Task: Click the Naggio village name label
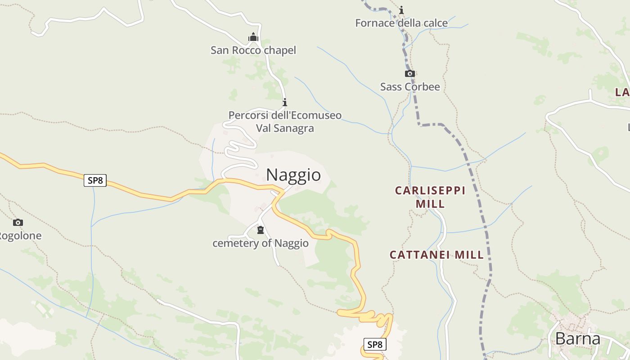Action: [x=293, y=175]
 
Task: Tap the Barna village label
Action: [x=578, y=338]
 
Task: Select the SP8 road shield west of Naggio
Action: [x=95, y=181]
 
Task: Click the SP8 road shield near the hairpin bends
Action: [x=374, y=345]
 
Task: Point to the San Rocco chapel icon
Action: [x=253, y=37]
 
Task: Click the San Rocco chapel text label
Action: [x=253, y=50]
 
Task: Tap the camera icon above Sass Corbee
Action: [x=409, y=73]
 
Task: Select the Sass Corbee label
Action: [x=410, y=87]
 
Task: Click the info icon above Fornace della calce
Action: [x=401, y=10]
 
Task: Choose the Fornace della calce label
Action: [x=401, y=23]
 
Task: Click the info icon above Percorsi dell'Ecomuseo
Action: [x=284, y=103]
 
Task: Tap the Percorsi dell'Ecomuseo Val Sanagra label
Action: [x=285, y=121]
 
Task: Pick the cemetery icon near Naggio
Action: [x=260, y=230]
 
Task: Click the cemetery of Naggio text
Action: [x=261, y=243]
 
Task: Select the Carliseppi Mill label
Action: [x=430, y=197]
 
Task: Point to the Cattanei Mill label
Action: [x=436, y=255]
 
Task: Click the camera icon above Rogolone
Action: [x=18, y=222]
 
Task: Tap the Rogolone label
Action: [x=20, y=236]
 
